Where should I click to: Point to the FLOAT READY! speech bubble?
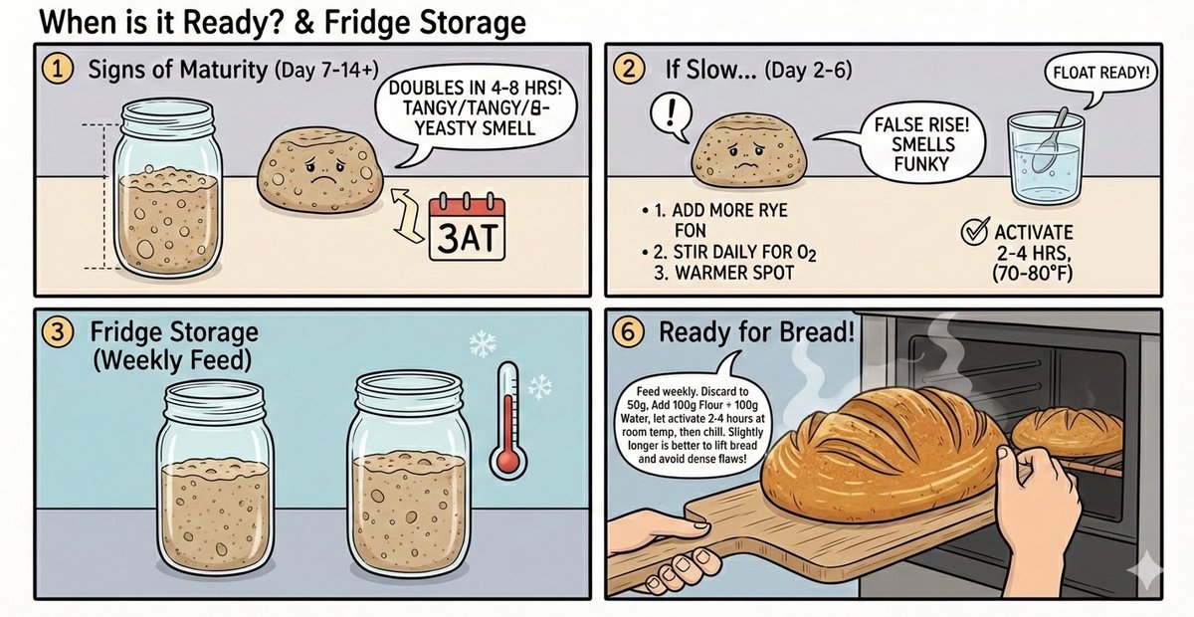coord(1096,72)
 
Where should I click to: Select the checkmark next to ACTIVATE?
coord(972,233)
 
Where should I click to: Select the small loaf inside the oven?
coord(1067,430)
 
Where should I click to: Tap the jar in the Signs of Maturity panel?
coord(165,195)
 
